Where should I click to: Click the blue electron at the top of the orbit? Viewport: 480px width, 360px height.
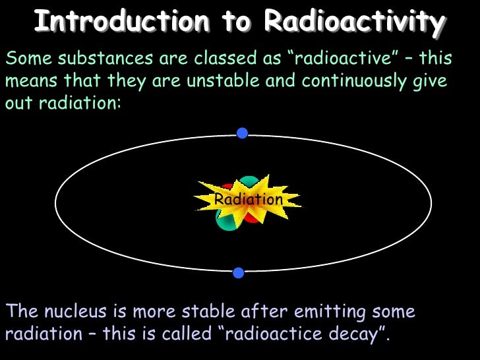pos(242,133)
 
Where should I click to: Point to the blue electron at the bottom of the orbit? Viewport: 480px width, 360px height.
pos(239,273)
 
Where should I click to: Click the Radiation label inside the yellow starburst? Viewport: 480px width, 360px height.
pos(249,199)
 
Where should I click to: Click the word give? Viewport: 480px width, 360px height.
pos(431,82)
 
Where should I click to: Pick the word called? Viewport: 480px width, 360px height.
pos(183,334)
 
